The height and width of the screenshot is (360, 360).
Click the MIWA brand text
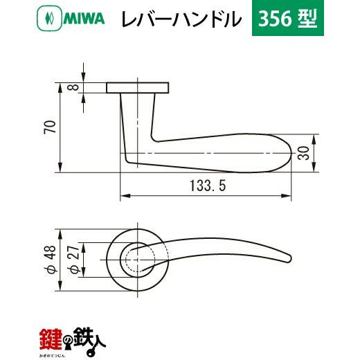tap(84, 19)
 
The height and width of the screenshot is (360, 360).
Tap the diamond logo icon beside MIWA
tap(50, 18)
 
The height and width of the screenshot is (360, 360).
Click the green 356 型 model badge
tap(288, 18)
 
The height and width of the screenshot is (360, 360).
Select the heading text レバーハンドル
tap(181, 19)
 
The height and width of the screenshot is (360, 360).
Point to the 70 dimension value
tap(50, 127)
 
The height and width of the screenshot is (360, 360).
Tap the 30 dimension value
tap(303, 153)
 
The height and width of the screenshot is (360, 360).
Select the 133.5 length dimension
tap(208, 186)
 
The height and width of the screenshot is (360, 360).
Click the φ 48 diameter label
tap(50, 259)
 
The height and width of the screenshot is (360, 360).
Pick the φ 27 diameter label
tap(74, 260)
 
